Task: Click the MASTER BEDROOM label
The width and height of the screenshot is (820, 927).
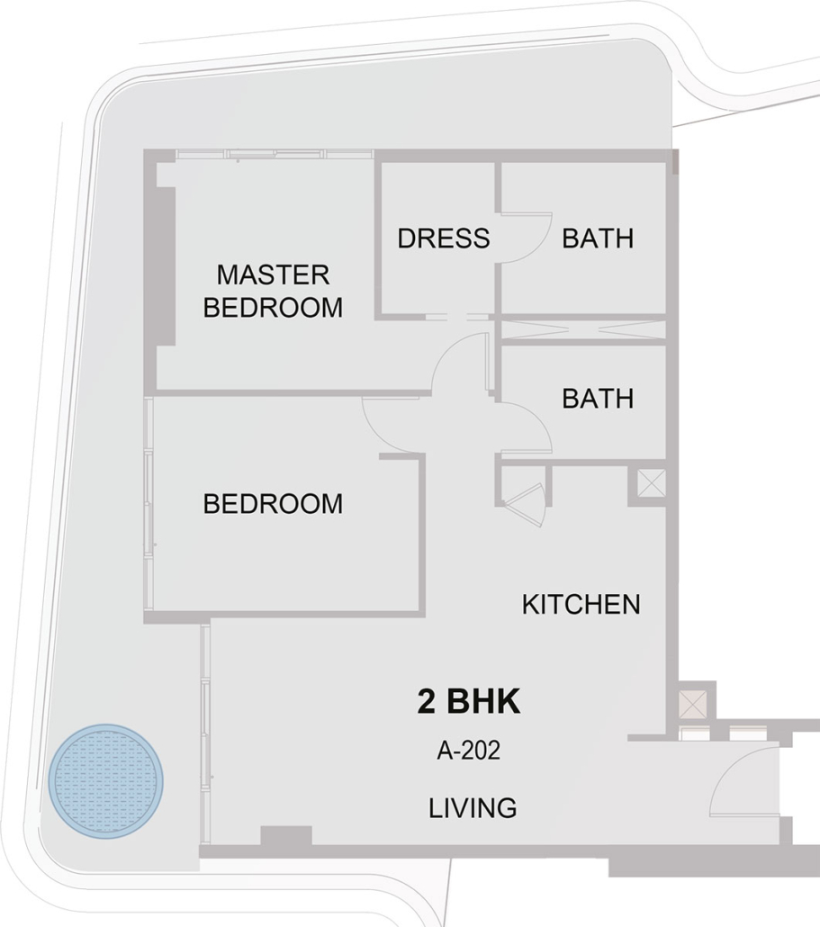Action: [x=273, y=292]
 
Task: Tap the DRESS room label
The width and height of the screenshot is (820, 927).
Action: [x=444, y=238]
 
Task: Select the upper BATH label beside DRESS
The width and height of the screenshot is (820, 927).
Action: [x=598, y=238]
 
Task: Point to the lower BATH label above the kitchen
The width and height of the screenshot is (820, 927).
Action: [x=598, y=399]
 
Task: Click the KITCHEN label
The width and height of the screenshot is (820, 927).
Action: [x=581, y=604]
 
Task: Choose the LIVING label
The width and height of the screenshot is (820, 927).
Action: [x=473, y=808]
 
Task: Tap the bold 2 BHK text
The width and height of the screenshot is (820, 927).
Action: [x=469, y=702]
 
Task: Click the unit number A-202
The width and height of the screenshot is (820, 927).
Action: [x=469, y=751]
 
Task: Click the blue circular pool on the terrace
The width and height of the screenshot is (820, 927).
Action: [x=106, y=781]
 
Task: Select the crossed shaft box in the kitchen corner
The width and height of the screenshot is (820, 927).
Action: [x=652, y=483]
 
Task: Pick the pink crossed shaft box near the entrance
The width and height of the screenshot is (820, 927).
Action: [x=693, y=704]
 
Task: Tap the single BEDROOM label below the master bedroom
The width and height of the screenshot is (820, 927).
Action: [x=273, y=504]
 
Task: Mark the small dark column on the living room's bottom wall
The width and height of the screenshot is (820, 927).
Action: [x=286, y=836]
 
